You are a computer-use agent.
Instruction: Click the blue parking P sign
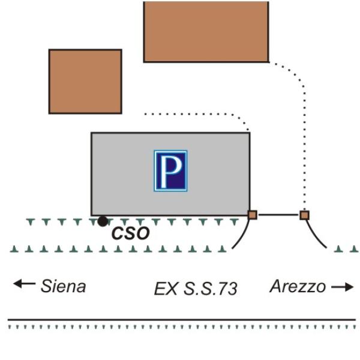170,170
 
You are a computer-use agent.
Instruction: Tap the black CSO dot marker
103,222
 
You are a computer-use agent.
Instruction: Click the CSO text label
130,233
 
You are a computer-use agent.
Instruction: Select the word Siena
63,286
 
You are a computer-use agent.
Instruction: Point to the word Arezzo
298,286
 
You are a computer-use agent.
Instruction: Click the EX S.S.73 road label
196,289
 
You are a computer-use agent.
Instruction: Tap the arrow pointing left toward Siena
24,284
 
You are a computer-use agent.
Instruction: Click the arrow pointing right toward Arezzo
343,287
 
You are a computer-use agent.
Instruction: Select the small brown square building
85,82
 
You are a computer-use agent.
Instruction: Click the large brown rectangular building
206,31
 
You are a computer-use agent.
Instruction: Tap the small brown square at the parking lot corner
253,214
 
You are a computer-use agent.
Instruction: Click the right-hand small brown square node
304,214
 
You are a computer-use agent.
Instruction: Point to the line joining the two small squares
278,214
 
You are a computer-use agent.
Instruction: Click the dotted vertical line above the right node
304,150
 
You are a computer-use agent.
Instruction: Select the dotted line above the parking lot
192,113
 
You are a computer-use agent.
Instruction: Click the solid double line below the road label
180,320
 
